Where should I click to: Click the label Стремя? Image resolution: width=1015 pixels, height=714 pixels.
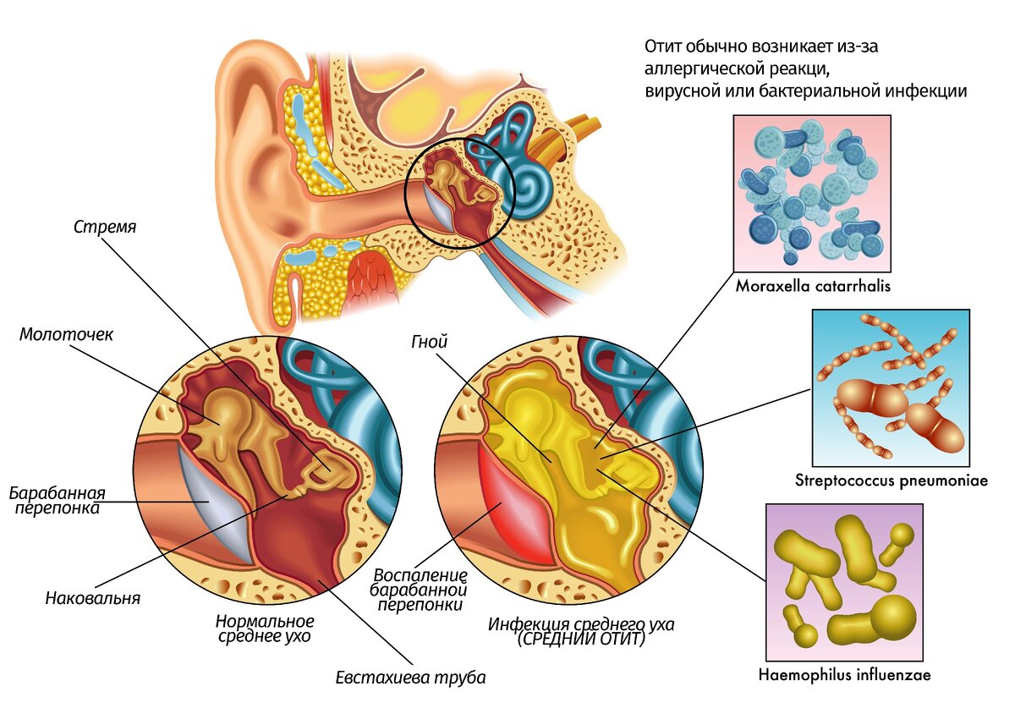pyautogui.click(x=105, y=227)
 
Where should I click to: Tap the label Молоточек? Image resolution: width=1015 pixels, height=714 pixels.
pyautogui.click(x=66, y=334)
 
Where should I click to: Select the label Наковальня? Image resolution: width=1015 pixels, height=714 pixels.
pyautogui.click(x=93, y=598)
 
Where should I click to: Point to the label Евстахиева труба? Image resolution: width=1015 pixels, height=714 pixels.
pyautogui.click(x=410, y=678)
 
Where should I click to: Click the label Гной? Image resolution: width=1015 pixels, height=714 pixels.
pyautogui.click(x=429, y=342)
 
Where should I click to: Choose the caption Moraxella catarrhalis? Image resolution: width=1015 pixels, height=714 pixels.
pyautogui.click(x=813, y=286)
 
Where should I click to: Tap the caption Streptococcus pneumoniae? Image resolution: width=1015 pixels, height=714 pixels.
pyautogui.click(x=892, y=481)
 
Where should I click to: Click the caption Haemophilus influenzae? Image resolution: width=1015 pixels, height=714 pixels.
pyautogui.click(x=845, y=675)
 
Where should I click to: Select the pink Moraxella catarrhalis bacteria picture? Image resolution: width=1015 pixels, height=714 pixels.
pyautogui.click(x=812, y=194)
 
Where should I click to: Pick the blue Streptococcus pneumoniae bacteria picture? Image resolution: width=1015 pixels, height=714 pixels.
pyautogui.click(x=891, y=388)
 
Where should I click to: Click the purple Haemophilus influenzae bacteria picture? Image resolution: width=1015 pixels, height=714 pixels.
pyautogui.click(x=845, y=582)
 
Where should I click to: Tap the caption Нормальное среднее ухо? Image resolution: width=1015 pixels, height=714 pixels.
pyautogui.click(x=265, y=629)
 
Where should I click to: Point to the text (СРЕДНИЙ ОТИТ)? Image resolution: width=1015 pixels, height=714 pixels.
pyautogui.click(x=581, y=640)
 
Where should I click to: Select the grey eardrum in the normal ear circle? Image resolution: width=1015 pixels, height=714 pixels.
pyautogui.click(x=213, y=503)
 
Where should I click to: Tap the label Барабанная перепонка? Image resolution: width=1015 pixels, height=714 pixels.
pyautogui.click(x=58, y=500)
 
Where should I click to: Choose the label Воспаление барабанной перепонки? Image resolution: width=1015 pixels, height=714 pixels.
pyautogui.click(x=419, y=590)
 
